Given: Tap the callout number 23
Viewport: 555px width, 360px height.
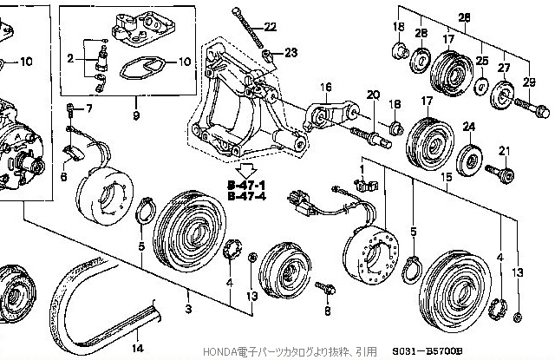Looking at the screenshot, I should [x=291, y=53].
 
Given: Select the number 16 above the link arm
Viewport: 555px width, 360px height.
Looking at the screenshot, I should [x=326, y=87].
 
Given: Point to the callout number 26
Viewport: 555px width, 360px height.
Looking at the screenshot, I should [x=464, y=17].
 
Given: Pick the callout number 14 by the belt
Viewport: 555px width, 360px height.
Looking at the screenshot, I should [x=136, y=349].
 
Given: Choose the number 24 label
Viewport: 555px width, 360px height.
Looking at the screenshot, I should [x=469, y=127].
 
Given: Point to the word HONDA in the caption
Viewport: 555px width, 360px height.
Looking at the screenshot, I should [x=218, y=352].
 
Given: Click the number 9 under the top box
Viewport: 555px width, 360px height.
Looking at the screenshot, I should [x=136, y=115].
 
